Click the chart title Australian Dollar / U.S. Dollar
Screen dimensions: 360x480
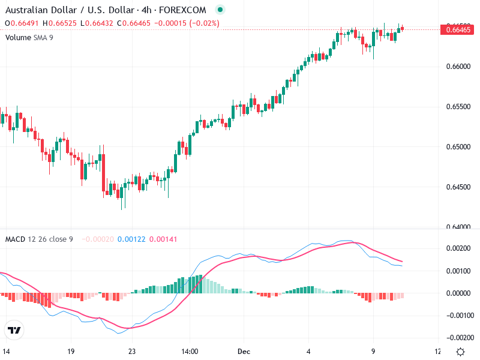point(66,10)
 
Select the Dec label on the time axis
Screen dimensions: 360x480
point(244,351)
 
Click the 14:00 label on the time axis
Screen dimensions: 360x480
point(190,351)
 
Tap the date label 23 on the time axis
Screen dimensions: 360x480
point(132,351)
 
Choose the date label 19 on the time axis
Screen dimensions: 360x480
point(71,351)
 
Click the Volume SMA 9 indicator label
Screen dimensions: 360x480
point(29,37)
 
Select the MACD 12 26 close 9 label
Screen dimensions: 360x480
point(39,239)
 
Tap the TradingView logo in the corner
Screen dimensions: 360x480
point(14,330)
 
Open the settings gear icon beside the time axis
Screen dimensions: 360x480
point(460,352)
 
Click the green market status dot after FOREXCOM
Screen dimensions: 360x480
point(220,10)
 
